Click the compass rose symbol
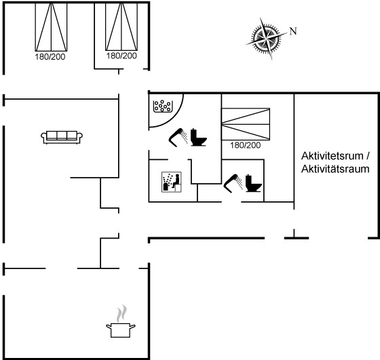pos(266,38)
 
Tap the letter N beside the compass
pos(293,31)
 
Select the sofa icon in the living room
pos(62,137)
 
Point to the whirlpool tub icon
pos(163,106)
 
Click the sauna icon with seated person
pos(172,182)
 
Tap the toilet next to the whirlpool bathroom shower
pos(198,138)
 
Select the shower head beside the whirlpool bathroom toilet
pos(178,137)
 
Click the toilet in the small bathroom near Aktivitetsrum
pos(254,183)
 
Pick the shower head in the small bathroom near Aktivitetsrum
pos(233,183)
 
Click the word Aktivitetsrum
pos(332,156)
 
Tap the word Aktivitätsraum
pos(335,169)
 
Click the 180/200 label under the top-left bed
pos(50,57)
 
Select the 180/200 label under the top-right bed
pos(121,56)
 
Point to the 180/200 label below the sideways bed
pos(245,145)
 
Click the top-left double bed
pos(51,27)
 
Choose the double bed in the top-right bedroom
pos(121,26)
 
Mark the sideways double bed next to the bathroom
pos(246,124)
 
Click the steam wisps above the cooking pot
pos(121,313)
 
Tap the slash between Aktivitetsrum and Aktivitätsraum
pos(368,156)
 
